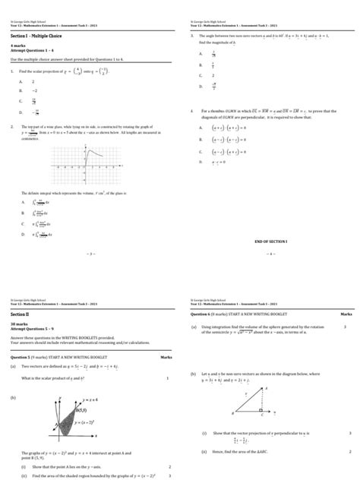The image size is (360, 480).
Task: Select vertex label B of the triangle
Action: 231,415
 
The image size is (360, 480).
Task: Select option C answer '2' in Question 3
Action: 213,76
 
